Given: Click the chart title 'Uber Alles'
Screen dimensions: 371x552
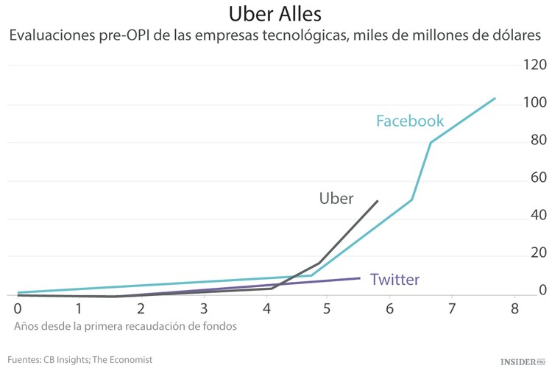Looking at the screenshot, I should click(275, 14).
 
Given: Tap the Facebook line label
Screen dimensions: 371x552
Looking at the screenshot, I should click(410, 121).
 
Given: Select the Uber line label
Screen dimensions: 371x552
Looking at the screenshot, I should click(336, 198).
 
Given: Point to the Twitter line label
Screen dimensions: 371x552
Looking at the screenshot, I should click(394, 280).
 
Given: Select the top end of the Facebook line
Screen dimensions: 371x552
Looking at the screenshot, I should click(495, 98).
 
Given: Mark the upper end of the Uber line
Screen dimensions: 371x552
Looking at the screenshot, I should click(378, 201).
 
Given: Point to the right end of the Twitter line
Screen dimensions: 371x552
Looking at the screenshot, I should click(359, 278).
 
